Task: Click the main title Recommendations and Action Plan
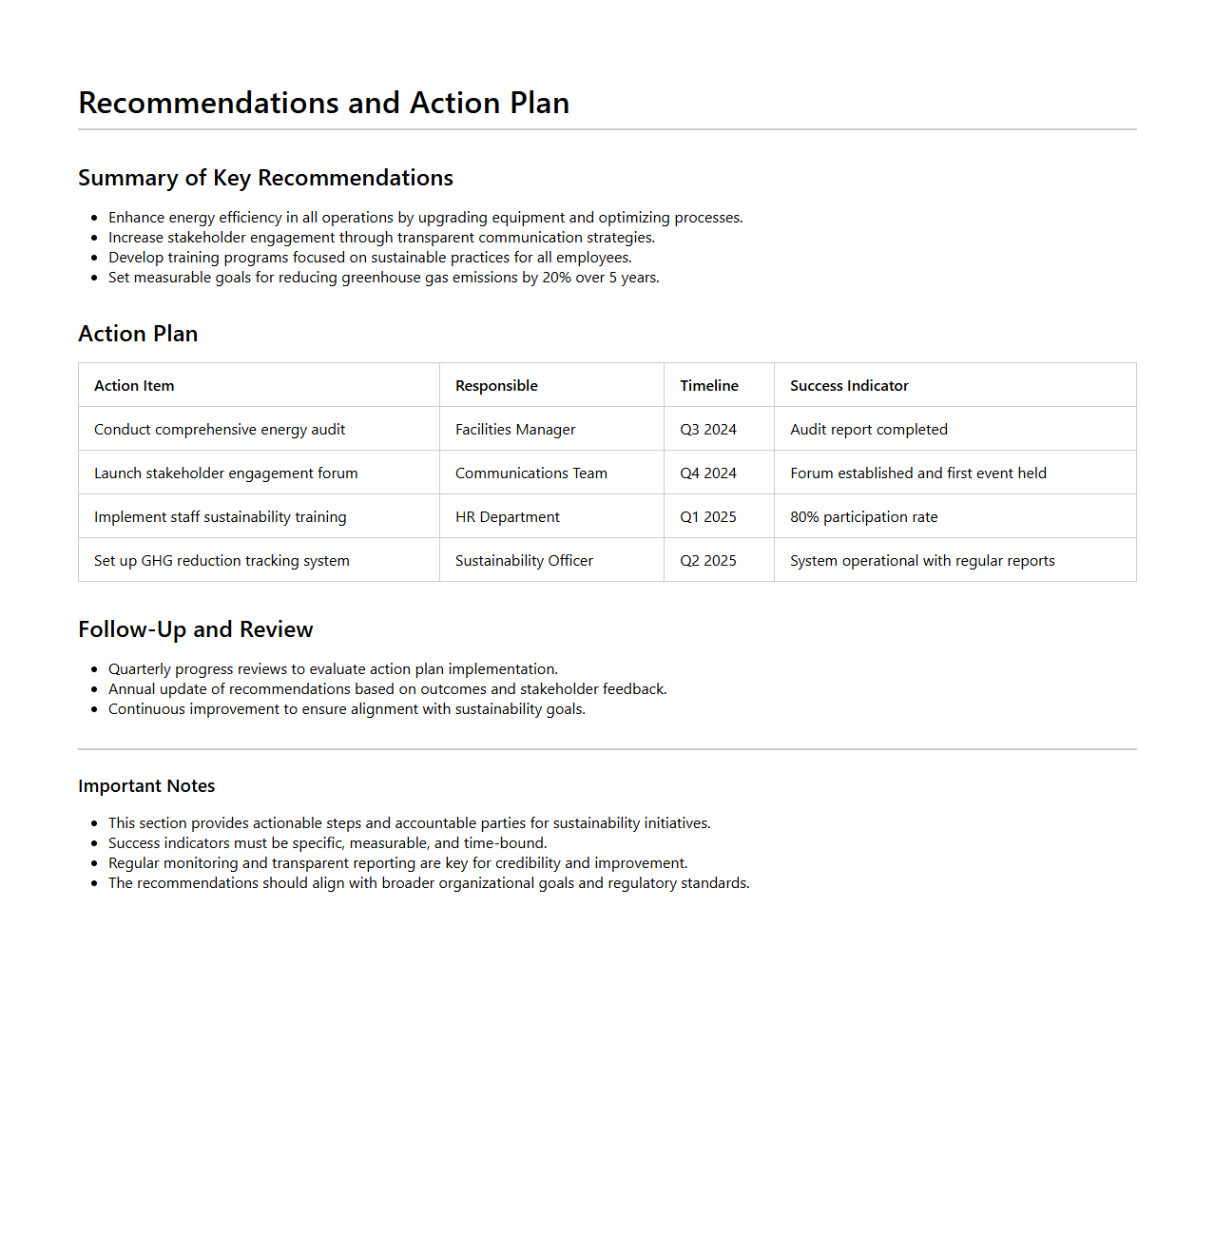click(323, 103)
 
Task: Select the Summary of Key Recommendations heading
click(265, 178)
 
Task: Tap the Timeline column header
click(708, 385)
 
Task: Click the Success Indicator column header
click(849, 385)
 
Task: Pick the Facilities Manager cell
click(515, 429)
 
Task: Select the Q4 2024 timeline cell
click(708, 473)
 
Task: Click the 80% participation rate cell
click(863, 516)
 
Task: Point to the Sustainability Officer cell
click(524, 560)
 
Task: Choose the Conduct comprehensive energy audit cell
click(220, 429)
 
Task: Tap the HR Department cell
click(508, 516)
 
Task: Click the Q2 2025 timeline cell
click(708, 560)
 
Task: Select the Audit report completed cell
click(869, 429)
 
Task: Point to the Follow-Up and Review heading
click(195, 629)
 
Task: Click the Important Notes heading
click(146, 785)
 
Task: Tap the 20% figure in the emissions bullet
click(557, 278)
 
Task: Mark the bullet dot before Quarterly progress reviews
click(94, 669)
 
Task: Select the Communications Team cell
click(530, 473)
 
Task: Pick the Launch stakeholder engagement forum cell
click(226, 473)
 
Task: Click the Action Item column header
click(134, 385)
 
